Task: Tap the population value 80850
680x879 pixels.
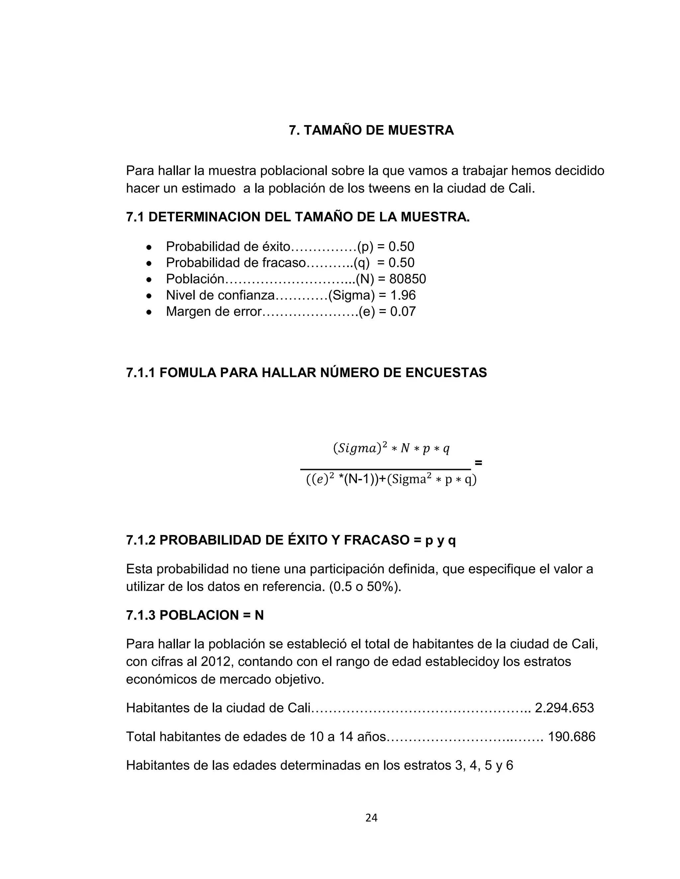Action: (x=408, y=279)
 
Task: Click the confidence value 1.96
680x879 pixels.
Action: (x=403, y=296)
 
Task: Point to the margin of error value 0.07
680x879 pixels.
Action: (x=403, y=311)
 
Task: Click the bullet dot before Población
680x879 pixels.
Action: (x=149, y=279)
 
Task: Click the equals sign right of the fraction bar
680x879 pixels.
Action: (x=478, y=463)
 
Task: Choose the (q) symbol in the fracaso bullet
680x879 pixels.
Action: (x=361, y=263)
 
